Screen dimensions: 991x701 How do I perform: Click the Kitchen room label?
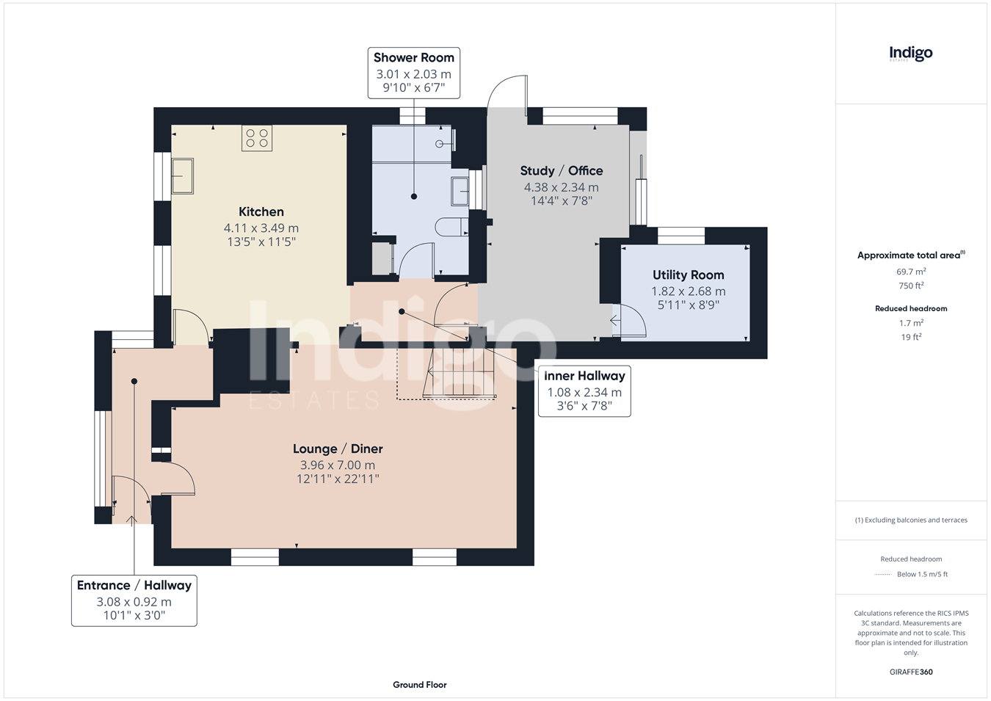click(x=261, y=211)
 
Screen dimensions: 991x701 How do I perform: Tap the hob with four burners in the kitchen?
click(x=257, y=138)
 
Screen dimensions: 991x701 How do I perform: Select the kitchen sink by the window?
click(x=182, y=176)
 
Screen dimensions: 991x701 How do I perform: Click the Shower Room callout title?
click(x=414, y=57)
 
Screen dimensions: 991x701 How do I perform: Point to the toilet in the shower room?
click(x=451, y=227)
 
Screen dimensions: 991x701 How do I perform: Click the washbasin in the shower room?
click(x=460, y=191)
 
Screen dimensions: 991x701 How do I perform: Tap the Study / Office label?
click(x=562, y=171)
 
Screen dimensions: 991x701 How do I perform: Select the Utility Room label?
click(x=689, y=275)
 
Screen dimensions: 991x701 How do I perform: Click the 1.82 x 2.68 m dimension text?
click(x=689, y=291)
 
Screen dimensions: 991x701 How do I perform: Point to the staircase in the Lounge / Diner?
click(x=460, y=372)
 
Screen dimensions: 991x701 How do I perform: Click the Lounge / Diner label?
click(x=338, y=449)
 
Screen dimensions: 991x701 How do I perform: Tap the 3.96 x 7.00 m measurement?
click(x=338, y=465)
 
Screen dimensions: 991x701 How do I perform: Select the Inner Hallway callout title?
click(x=584, y=376)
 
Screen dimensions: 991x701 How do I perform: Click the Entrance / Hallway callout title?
click(x=134, y=586)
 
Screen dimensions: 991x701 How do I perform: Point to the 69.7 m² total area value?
click(x=911, y=272)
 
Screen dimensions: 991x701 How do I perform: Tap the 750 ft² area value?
click(x=911, y=286)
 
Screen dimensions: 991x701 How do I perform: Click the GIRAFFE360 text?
click(x=911, y=672)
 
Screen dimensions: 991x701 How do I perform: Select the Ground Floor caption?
click(x=419, y=685)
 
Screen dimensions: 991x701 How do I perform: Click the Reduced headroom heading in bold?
click(x=911, y=309)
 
